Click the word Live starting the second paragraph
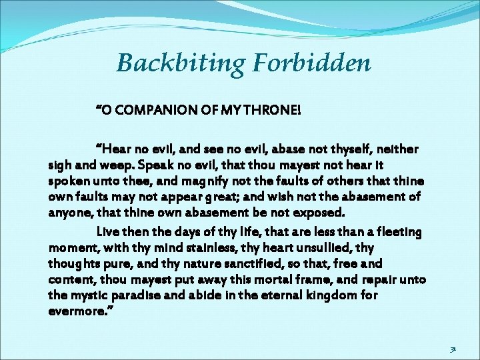coord(108,232)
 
